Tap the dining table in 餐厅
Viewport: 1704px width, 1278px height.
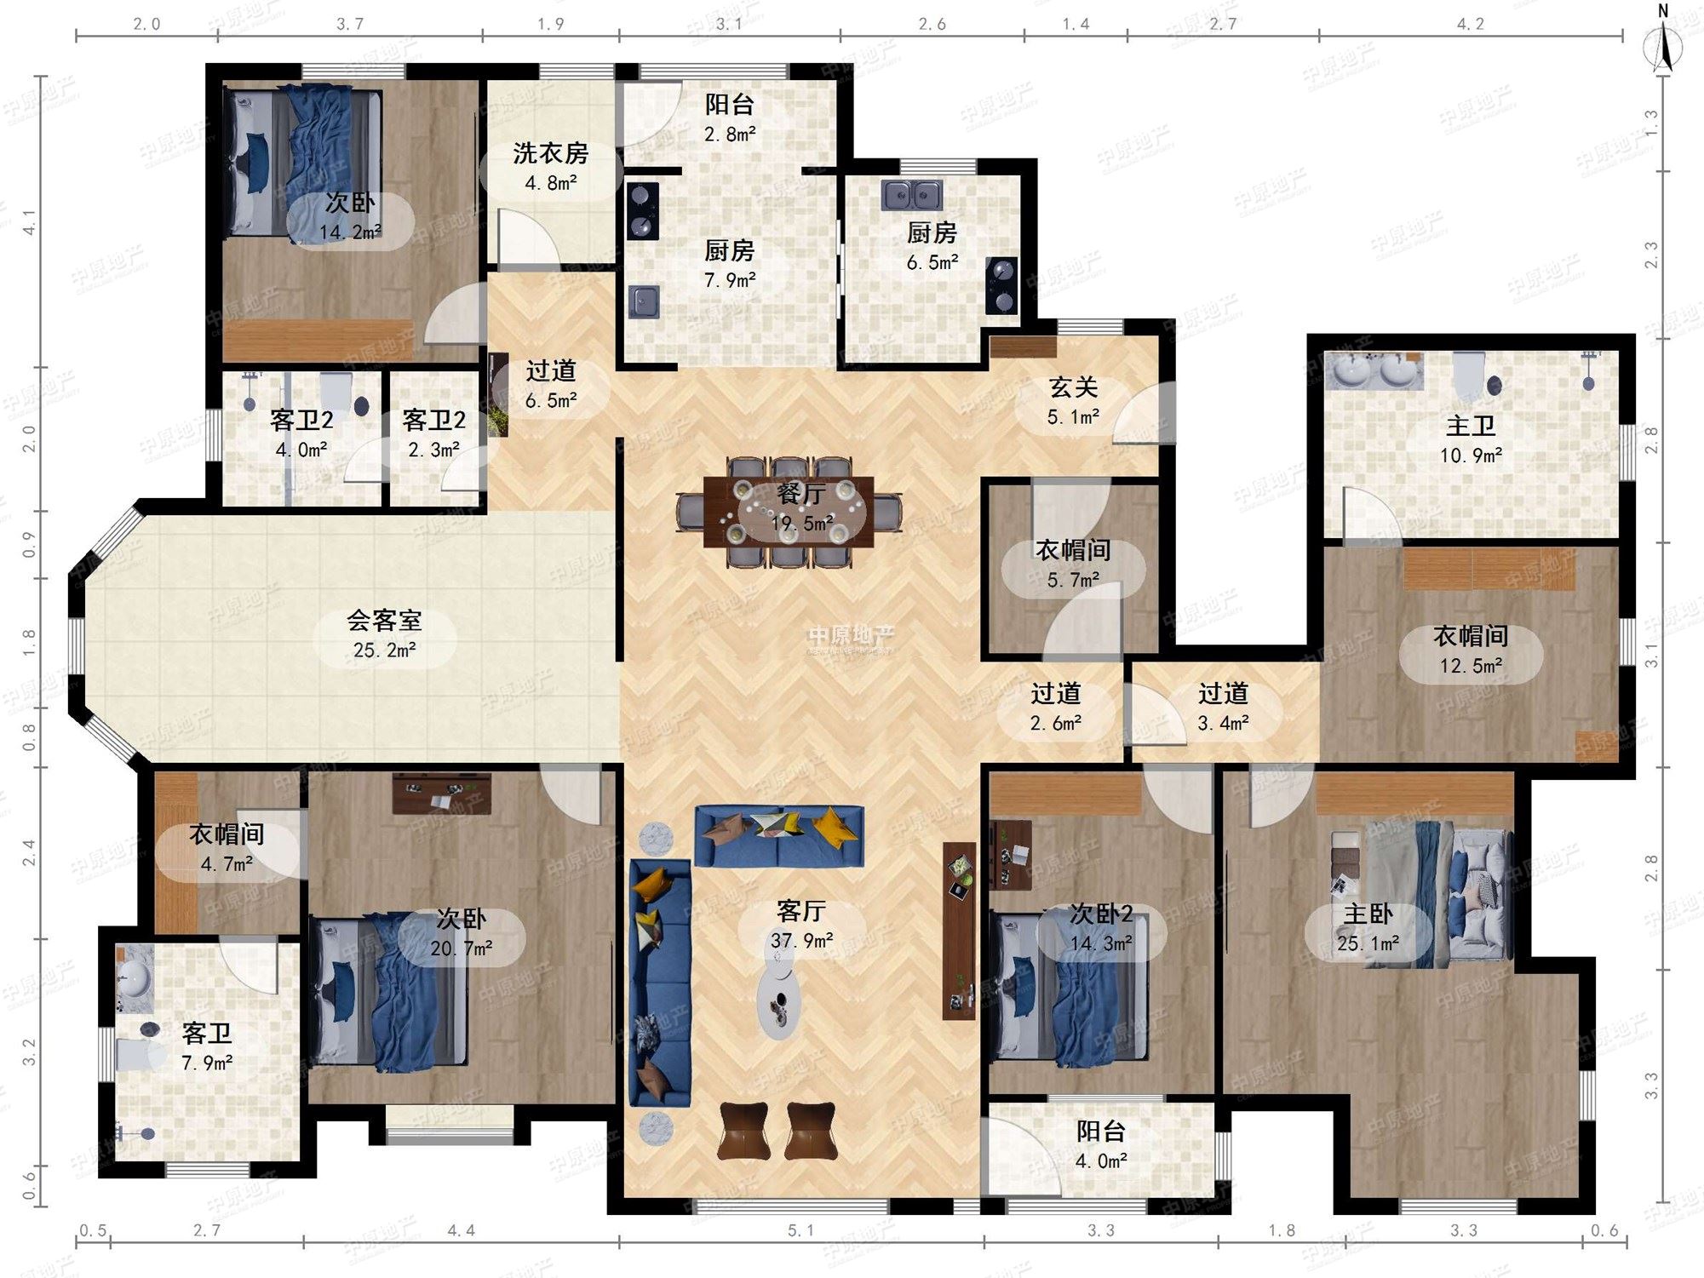[x=789, y=512]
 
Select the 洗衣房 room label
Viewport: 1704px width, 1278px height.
[x=550, y=154]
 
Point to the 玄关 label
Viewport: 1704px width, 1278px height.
[x=1073, y=387]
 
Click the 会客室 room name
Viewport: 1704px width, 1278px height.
[x=384, y=621]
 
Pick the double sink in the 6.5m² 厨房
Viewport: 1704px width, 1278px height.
[x=912, y=196]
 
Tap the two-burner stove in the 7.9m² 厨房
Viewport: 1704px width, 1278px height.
[x=642, y=211]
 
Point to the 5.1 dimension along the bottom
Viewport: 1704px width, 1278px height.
[x=800, y=1230]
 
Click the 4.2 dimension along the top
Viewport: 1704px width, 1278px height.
[x=1470, y=24]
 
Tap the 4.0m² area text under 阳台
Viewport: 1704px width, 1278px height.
[x=1101, y=1161]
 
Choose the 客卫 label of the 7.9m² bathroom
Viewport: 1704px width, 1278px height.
[x=207, y=1034]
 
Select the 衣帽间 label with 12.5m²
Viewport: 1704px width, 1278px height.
[x=1471, y=636]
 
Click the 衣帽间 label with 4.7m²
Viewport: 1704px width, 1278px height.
[x=227, y=834]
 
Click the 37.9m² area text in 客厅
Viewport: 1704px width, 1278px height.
[x=801, y=941]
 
